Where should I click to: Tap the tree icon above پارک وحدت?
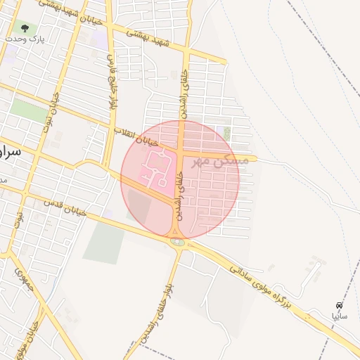pyautogui.click(x=25, y=29)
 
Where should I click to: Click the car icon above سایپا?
pyautogui.click(x=339, y=305)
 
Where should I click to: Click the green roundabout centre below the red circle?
pyautogui.click(x=177, y=243)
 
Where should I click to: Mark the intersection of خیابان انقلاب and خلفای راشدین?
pyautogui.click(x=181, y=150)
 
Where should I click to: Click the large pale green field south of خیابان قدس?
pyautogui.click(x=105, y=242)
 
